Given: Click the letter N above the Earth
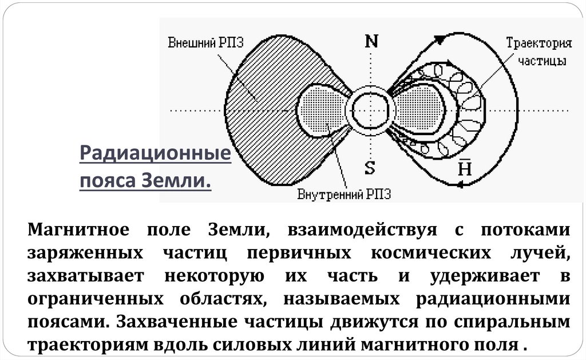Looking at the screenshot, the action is coord(371,41).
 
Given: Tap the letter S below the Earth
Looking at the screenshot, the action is coord(370,168).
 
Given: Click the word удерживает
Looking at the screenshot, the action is coord(483,276).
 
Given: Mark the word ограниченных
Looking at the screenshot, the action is coord(87,299).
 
